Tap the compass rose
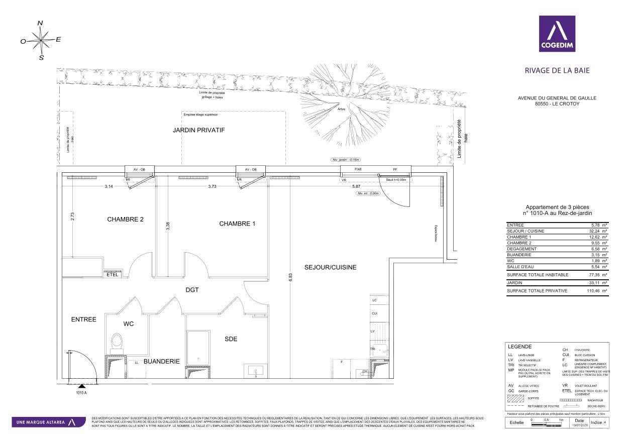(x=41, y=39)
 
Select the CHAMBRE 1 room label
(x=237, y=224)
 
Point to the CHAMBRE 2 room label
(x=126, y=219)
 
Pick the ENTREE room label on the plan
(x=83, y=319)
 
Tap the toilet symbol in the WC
(x=117, y=342)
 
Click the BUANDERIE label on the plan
(x=161, y=361)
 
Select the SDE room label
(x=231, y=339)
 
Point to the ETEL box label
(x=112, y=275)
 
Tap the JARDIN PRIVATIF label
(x=198, y=130)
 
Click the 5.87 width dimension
(x=356, y=186)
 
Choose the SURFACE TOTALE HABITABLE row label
(x=537, y=275)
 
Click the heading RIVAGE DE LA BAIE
(x=557, y=71)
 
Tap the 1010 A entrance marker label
(x=81, y=393)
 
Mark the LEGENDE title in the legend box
(x=520, y=347)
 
